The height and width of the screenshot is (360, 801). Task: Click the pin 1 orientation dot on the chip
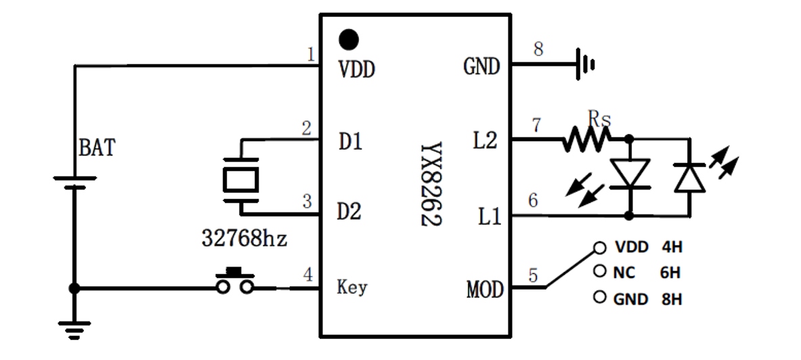click(x=349, y=39)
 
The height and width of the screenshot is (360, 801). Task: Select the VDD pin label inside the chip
click(x=356, y=69)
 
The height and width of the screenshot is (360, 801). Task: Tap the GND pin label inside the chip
click(x=481, y=66)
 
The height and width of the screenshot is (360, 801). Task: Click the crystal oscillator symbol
click(x=240, y=179)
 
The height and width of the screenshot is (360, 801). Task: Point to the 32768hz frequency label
click(x=244, y=238)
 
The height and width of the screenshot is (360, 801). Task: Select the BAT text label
click(x=97, y=147)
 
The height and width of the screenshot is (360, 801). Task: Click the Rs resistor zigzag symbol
click(x=586, y=140)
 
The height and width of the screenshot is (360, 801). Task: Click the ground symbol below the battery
click(x=74, y=330)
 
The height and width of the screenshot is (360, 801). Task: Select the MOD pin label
click(x=485, y=290)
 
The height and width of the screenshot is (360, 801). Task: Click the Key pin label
click(x=352, y=287)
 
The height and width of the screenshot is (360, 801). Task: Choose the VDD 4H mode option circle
click(x=599, y=248)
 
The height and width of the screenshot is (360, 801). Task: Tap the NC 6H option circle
click(x=599, y=271)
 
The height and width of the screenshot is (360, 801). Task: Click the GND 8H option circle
click(x=599, y=297)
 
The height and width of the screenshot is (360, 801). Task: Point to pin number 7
click(x=536, y=125)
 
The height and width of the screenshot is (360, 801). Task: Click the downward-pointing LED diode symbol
click(x=629, y=173)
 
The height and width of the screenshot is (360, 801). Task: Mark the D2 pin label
click(x=349, y=212)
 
